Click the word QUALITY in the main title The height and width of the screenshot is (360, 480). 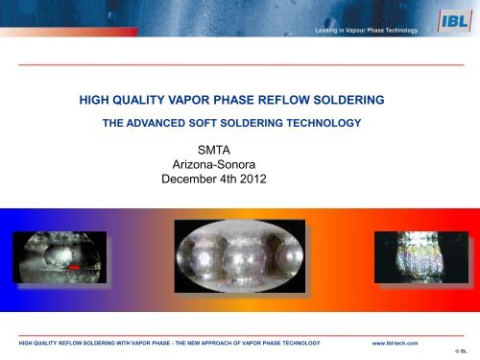154,99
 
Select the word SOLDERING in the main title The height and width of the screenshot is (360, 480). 367,99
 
